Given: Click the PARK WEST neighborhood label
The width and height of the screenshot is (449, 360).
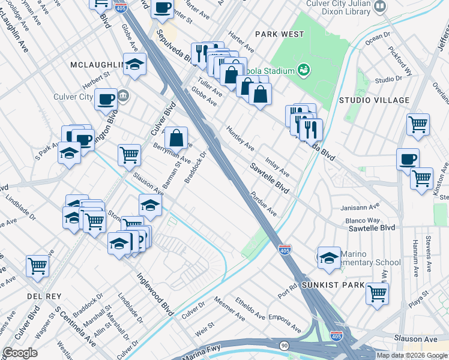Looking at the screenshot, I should pos(279,34).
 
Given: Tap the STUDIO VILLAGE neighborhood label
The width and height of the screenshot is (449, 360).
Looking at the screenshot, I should pos(373,100).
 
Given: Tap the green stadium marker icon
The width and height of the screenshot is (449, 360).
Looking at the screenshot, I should pos(304,71).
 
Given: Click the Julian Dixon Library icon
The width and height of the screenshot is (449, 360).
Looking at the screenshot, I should pos(379,6).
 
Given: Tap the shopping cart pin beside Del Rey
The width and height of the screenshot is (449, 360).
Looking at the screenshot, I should pos(37,265).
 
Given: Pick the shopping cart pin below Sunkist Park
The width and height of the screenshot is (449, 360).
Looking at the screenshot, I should pos(377,293).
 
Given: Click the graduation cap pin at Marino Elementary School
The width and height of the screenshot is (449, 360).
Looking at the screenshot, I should pos(329,257).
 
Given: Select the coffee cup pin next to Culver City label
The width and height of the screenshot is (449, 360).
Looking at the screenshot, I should pos(106,99).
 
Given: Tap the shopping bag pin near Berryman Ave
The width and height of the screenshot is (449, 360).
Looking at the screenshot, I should pos(176,138).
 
